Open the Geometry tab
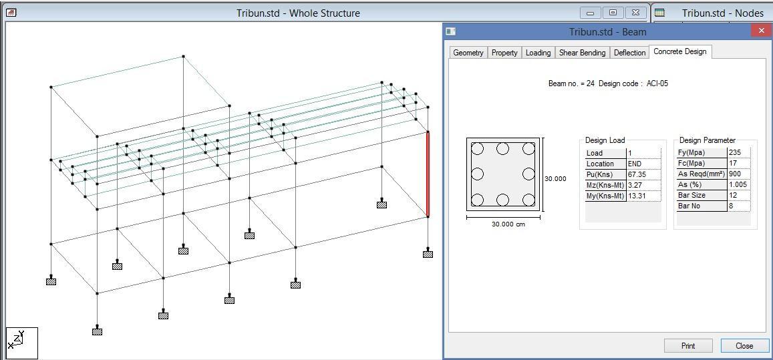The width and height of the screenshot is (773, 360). tap(468, 53)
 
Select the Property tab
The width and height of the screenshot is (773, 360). tap(504, 53)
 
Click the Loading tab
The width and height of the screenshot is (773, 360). tap(538, 53)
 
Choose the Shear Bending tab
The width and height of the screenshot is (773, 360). tap(582, 53)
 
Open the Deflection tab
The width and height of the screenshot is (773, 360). tap(629, 53)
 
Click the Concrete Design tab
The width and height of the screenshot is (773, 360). tap(679, 51)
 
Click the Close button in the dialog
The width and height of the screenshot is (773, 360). tap(744, 345)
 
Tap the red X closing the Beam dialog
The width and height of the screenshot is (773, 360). tap(761, 31)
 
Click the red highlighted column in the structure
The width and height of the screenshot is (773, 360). tap(428, 174)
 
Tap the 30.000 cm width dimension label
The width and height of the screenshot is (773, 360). tap(508, 224)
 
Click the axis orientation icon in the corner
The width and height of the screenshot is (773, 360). tap(22, 343)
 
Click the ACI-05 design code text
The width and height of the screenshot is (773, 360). tap(657, 83)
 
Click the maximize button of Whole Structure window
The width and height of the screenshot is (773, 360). tap(613, 13)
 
